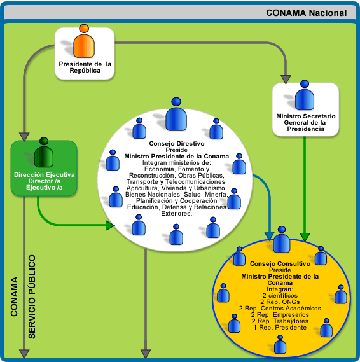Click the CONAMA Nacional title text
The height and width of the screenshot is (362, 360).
tap(306, 13)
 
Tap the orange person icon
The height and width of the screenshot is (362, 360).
tap(84, 41)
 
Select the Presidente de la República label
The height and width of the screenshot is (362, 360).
tap(85, 67)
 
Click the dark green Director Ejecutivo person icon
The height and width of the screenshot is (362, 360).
tap(44, 153)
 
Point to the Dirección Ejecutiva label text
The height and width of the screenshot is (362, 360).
tap(45, 181)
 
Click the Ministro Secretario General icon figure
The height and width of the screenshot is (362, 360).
tap(305, 95)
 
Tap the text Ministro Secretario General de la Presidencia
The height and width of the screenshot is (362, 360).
tap(306, 122)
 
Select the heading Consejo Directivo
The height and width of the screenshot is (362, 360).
tap(177, 143)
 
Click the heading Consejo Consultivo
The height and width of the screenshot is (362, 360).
tap(280, 263)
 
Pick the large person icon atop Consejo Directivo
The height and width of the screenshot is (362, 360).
tap(176, 115)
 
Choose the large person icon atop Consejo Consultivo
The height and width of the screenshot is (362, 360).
tap(282, 239)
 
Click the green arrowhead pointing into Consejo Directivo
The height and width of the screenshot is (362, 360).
tap(110, 225)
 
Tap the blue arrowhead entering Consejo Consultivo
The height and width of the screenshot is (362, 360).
tap(269, 236)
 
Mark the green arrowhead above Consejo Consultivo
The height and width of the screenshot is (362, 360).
tap(305, 237)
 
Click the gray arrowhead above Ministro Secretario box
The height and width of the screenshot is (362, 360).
tap(286, 80)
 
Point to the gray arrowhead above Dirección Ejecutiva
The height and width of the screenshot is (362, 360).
tap(24, 137)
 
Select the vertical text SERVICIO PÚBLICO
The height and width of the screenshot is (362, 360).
tap(32, 297)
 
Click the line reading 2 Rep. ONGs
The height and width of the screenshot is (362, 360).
tap(280, 302)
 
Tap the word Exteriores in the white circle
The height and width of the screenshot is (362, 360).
tap(177, 214)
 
